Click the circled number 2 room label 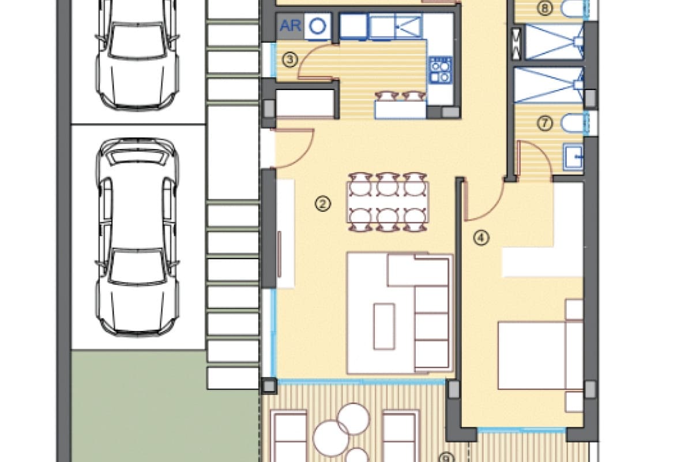[323, 203]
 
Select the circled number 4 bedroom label [482, 237]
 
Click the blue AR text [291, 26]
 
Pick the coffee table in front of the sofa [384, 326]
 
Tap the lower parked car [137, 237]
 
